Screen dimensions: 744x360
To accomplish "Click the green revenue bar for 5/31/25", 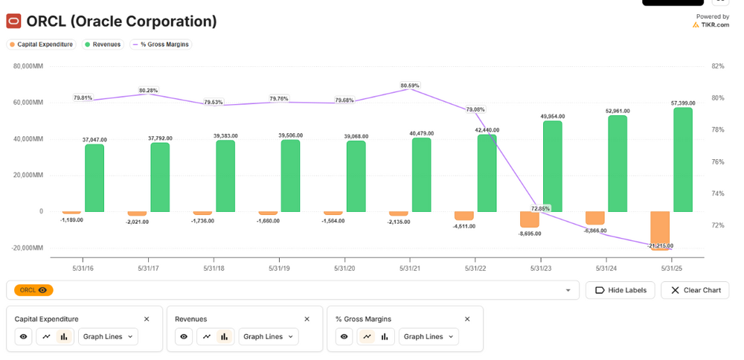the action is click(x=683, y=159).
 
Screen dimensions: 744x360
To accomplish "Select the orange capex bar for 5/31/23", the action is click(x=530, y=219).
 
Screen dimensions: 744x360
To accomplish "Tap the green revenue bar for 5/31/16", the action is click(x=94, y=178).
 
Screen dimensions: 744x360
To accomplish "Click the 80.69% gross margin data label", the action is click(x=411, y=86).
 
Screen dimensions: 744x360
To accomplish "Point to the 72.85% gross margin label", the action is click(x=541, y=208).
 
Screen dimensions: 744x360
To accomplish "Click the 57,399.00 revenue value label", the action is click(x=683, y=103).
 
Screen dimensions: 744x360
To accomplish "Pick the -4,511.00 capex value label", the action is click(x=464, y=226).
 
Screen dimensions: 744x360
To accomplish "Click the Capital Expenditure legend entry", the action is click(x=41, y=45).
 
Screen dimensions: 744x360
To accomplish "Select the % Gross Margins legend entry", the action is click(x=161, y=45).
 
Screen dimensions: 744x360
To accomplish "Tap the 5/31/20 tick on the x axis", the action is click(x=344, y=268).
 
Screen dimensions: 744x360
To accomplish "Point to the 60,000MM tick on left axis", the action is click(x=28, y=103).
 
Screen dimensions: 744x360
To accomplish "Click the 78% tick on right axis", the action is click(x=718, y=130).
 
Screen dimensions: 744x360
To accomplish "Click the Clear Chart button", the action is click(x=696, y=290).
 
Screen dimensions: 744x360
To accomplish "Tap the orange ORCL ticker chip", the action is click(x=33, y=290).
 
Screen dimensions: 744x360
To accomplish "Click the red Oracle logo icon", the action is click(x=13, y=22).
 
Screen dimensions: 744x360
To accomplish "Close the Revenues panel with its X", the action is click(x=307, y=319).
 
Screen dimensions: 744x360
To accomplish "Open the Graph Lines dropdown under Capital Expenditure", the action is click(x=108, y=337).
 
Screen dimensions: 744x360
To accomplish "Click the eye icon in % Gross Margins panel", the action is click(x=344, y=337).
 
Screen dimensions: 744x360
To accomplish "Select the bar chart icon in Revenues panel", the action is click(x=225, y=337).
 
